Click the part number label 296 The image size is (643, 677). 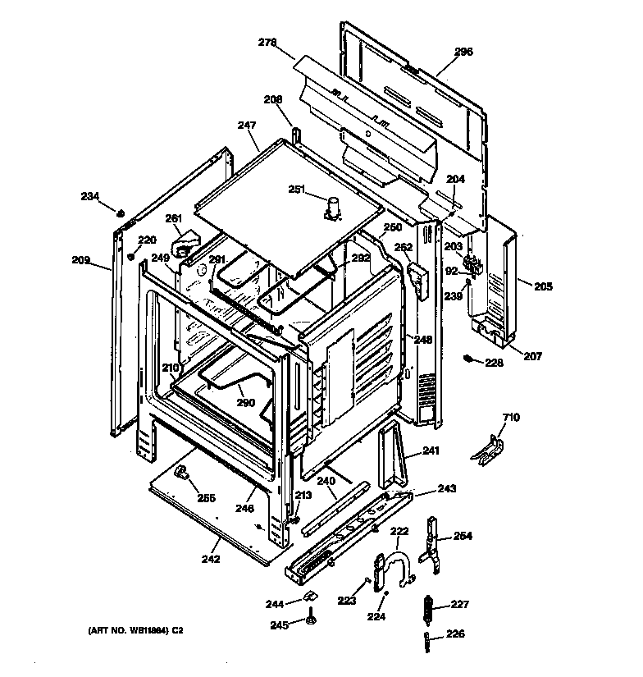[463, 51]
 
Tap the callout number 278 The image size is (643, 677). [267, 42]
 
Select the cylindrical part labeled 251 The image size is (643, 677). [332, 208]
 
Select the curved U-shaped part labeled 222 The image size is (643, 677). [399, 558]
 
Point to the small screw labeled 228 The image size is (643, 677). [470, 358]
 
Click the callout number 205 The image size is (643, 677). [543, 286]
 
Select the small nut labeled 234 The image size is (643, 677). [120, 214]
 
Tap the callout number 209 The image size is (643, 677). [80, 260]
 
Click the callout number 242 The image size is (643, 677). [211, 559]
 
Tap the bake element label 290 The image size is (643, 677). [245, 403]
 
